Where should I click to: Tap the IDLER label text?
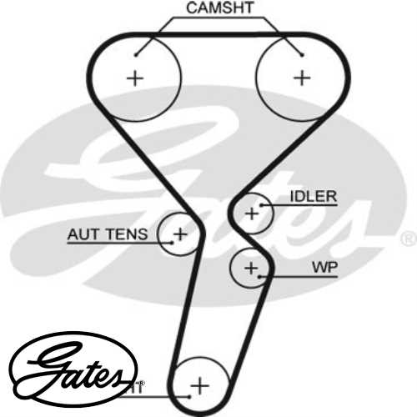(x=313, y=197)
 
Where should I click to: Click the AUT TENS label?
(x=107, y=234)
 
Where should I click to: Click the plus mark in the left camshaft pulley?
(x=134, y=78)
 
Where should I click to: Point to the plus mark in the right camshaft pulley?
(x=302, y=78)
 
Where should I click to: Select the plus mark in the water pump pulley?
(x=251, y=268)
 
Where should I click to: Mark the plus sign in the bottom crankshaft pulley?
(x=199, y=385)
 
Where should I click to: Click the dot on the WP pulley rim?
(x=264, y=275)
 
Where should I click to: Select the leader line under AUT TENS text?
(x=117, y=243)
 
